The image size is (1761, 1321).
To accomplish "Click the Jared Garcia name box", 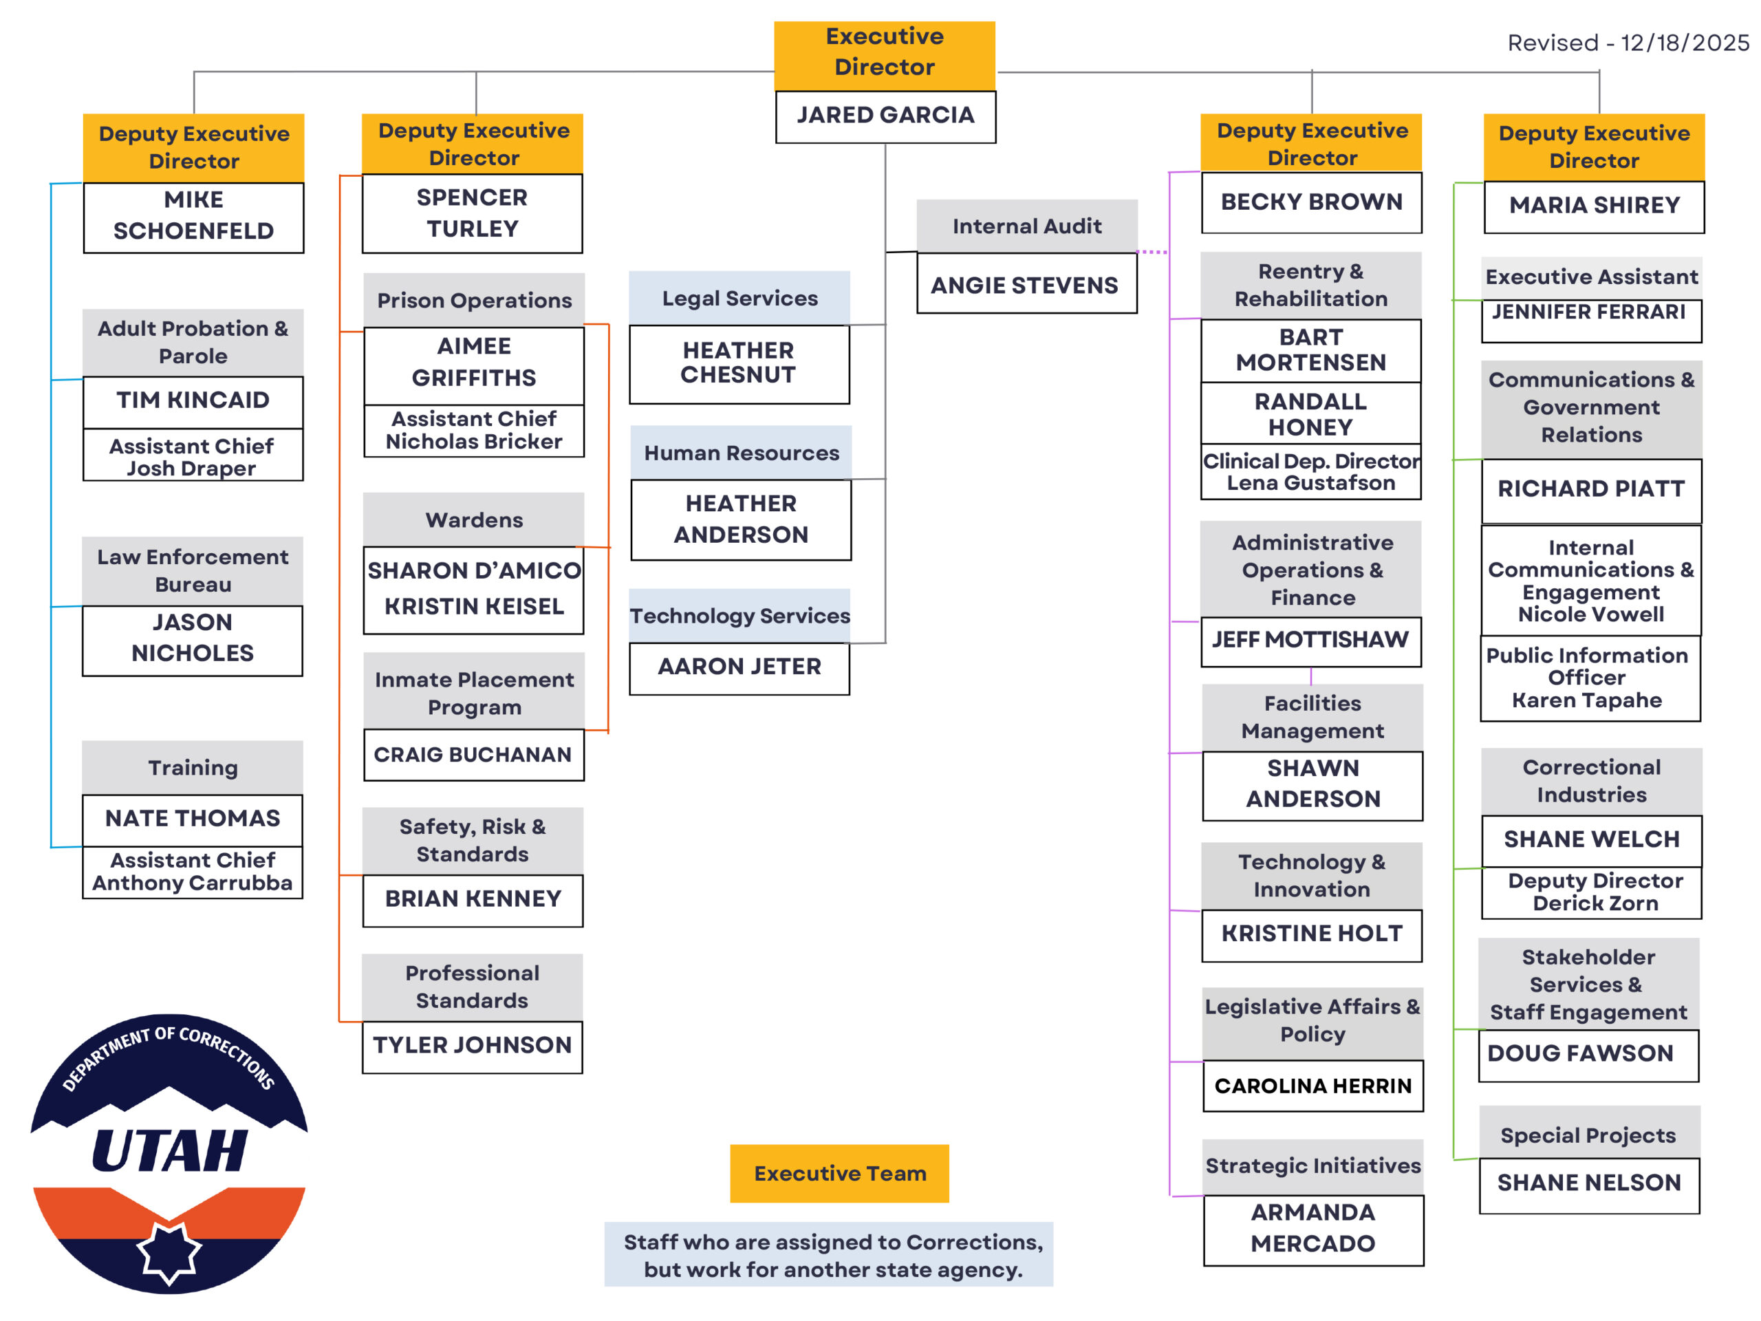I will [885, 116].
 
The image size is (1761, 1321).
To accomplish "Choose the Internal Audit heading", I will [1027, 227].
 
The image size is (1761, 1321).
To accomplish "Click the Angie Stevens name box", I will [1026, 285].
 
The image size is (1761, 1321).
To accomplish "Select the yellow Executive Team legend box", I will [840, 1174].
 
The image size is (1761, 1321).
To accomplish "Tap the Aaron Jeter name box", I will [739, 667].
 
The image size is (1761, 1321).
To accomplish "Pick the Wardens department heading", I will [474, 521].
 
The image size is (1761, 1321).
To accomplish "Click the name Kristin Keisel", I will [474, 608].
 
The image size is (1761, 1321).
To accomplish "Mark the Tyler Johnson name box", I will [472, 1046].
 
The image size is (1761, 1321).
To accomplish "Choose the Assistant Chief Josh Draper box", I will [193, 457].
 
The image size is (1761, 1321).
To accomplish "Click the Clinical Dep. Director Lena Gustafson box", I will [1310, 472].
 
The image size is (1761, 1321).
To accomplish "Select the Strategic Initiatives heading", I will [1312, 1166].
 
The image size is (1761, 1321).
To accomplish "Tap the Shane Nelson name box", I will [1589, 1184].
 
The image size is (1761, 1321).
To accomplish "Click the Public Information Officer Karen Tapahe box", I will [1589, 678].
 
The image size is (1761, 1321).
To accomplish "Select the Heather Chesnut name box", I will [739, 363].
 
